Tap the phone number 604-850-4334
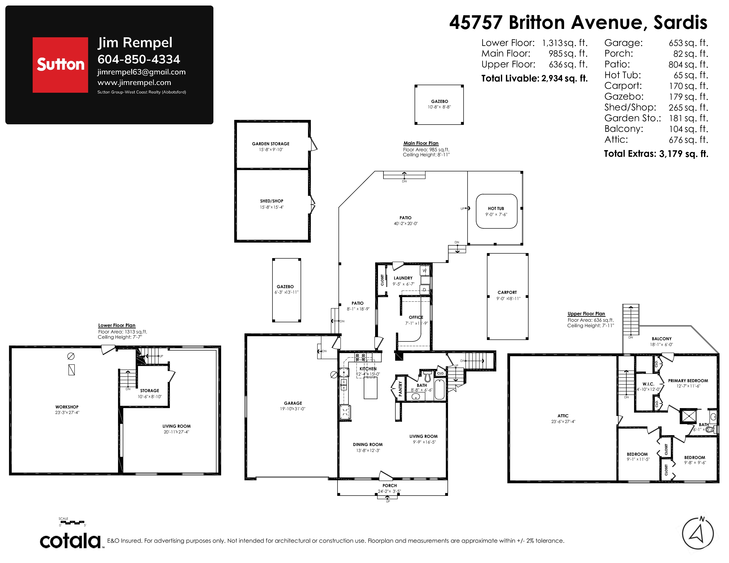[139, 59]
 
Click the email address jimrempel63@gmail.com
[142, 72]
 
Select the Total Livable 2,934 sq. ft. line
[534, 78]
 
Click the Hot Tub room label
[496, 208]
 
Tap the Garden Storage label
[271, 144]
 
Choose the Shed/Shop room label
[272, 201]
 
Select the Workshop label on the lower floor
[67, 407]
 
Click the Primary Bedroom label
[688, 381]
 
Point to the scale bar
[72, 522]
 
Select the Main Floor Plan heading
[421, 143]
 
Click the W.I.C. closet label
[648, 384]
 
